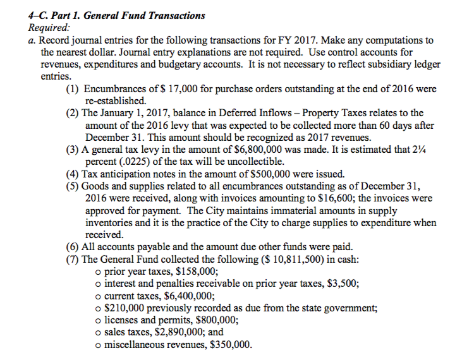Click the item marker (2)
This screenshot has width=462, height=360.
[x=73, y=114]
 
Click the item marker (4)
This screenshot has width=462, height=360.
[x=73, y=174]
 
